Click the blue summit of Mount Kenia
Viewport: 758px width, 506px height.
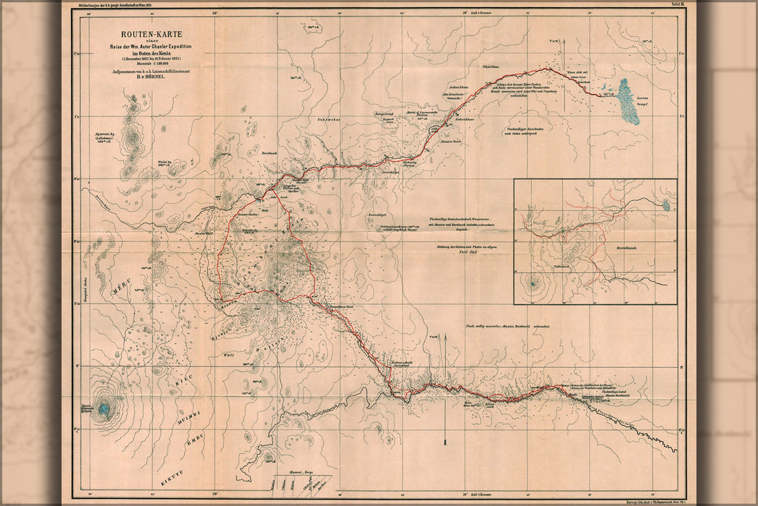[104, 410]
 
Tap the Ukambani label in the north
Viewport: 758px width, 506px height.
[327, 119]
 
